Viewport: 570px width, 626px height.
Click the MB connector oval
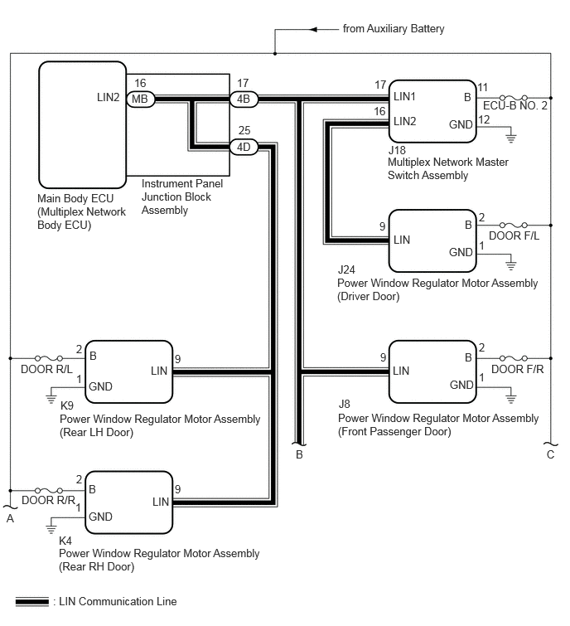(x=140, y=99)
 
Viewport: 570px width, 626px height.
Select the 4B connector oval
(x=244, y=99)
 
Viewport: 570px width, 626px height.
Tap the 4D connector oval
(x=244, y=147)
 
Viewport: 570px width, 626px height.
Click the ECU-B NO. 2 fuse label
(x=515, y=106)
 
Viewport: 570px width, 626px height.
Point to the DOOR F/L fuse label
(x=514, y=236)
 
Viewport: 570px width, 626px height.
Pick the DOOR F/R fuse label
(x=517, y=369)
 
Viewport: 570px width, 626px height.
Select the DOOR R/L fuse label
(x=46, y=369)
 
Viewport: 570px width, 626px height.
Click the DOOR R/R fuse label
(x=48, y=500)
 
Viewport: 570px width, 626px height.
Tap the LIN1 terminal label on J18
(x=404, y=97)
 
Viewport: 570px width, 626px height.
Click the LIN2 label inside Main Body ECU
(x=108, y=97)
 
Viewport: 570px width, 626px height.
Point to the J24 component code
(x=346, y=269)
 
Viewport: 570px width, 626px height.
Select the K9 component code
(x=67, y=405)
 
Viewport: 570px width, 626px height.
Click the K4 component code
(x=65, y=541)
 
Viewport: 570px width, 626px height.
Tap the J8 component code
(x=344, y=404)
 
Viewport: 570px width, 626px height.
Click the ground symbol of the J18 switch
(x=510, y=138)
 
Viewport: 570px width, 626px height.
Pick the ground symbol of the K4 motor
(x=51, y=529)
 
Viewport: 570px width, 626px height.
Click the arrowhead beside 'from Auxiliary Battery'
(x=314, y=29)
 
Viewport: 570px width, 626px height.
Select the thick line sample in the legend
(x=32, y=602)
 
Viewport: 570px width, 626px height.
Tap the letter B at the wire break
(x=299, y=454)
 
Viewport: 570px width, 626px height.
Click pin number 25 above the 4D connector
(x=244, y=130)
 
